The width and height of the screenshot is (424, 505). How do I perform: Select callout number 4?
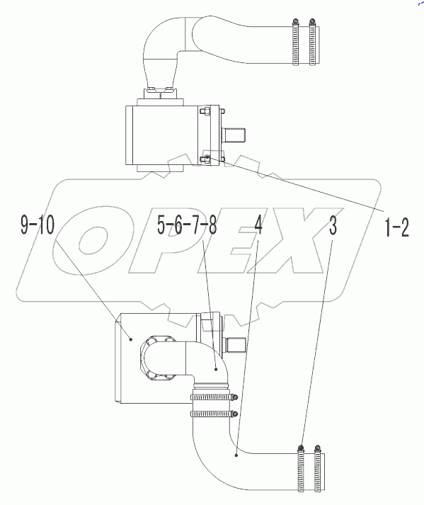click(x=258, y=227)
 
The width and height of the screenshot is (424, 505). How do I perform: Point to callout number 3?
click(x=332, y=227)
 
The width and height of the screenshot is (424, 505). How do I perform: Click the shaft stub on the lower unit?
click(x=236, y=346)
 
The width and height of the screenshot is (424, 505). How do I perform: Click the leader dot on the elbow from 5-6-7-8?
click(x=214, y=369)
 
